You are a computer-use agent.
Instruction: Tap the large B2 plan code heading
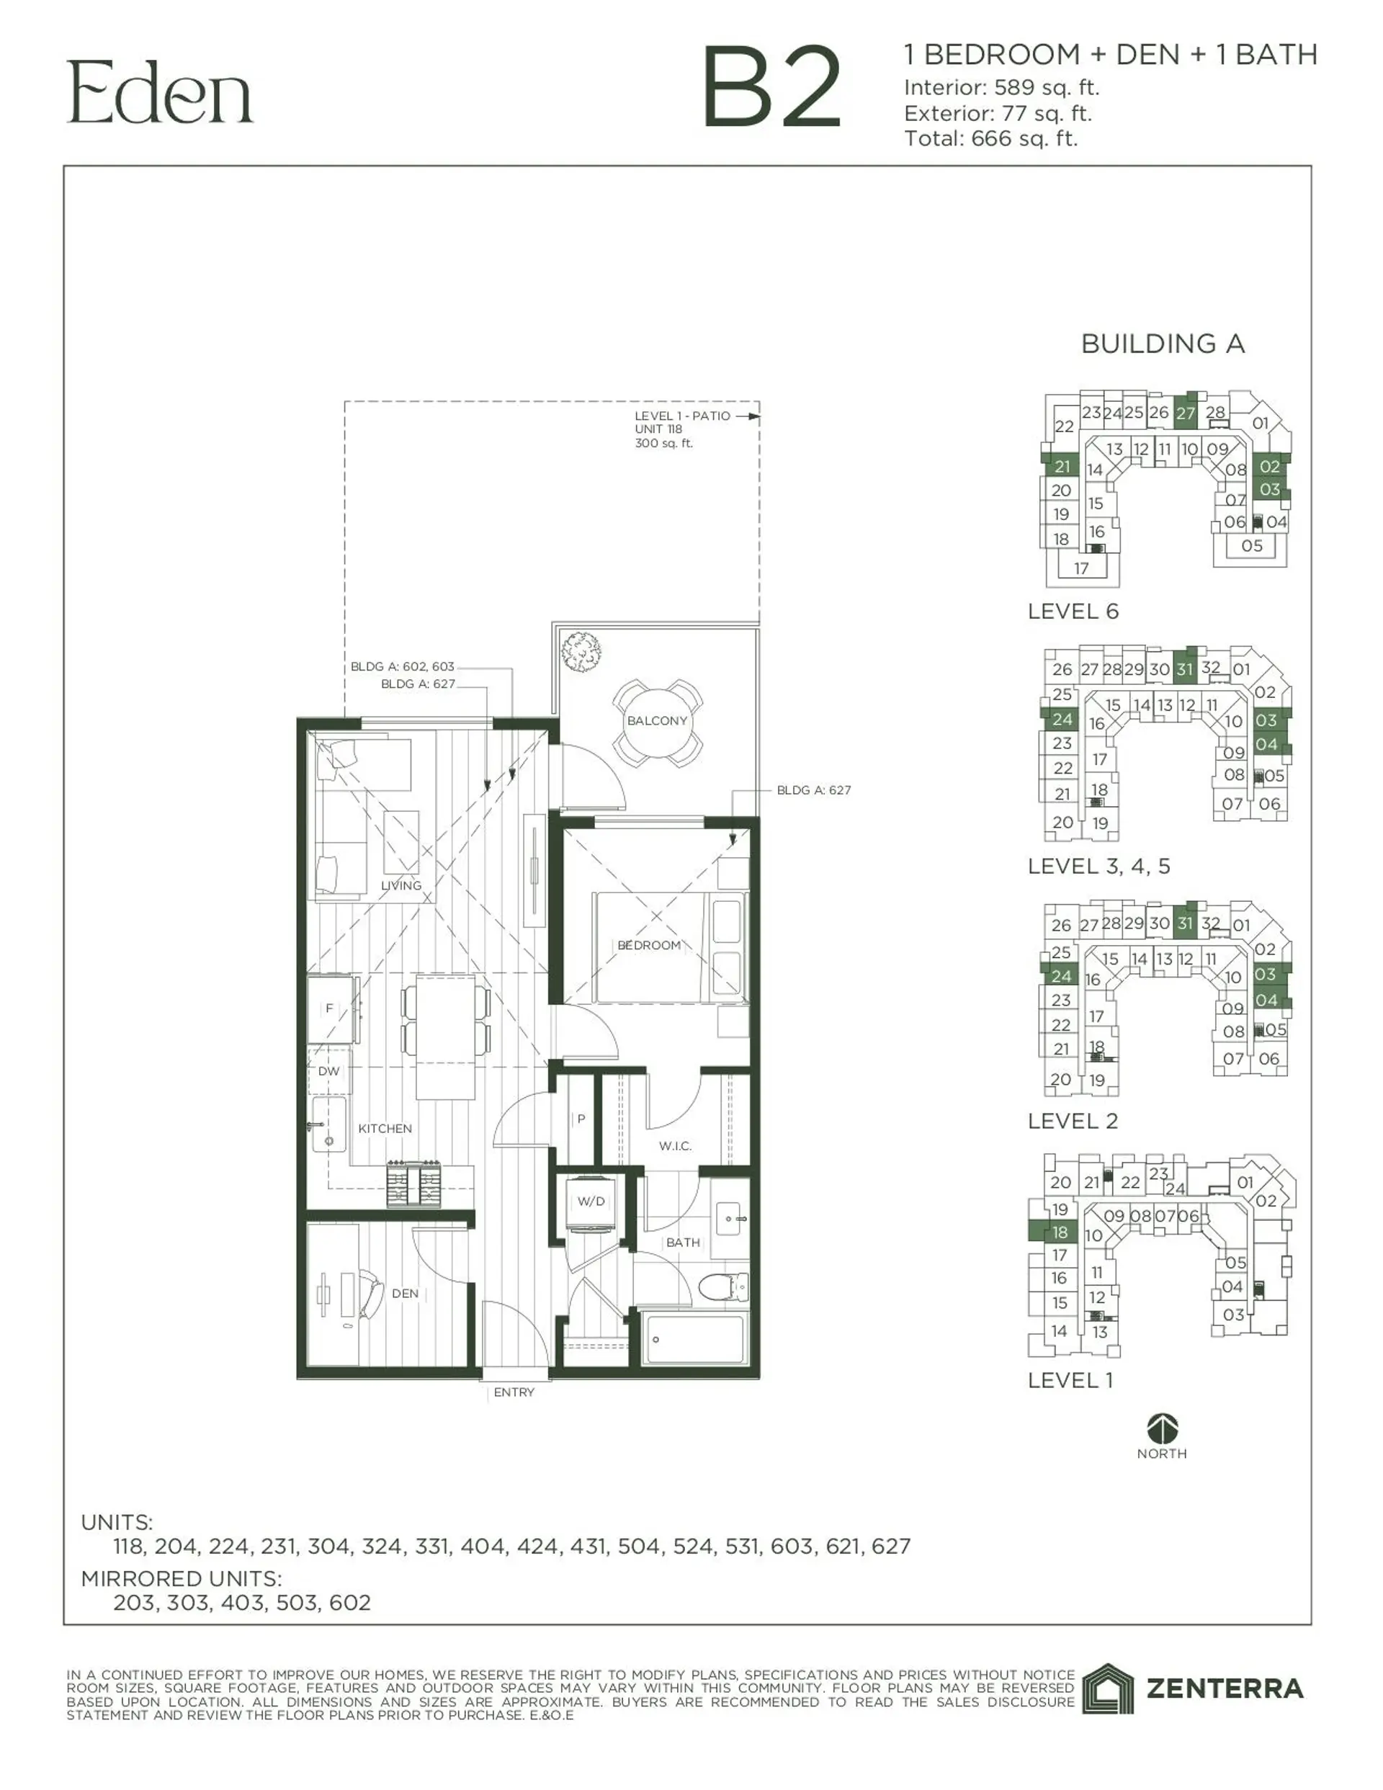click(771, 89)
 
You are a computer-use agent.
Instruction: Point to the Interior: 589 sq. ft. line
click(1001, 88)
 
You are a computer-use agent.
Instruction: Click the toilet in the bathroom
click(724, 1286)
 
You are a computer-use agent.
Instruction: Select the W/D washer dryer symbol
click(591, 1202)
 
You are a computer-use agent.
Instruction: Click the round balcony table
click(657, 721)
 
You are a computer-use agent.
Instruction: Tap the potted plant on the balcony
click(581, 653)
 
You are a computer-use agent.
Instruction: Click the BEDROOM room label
click(648, 945)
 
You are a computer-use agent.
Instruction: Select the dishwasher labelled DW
click(328, 1071)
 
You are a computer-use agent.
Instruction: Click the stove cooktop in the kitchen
click(414, 1183)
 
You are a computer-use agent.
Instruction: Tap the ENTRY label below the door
click(514, 1392)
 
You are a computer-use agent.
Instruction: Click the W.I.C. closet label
click(675, 1146)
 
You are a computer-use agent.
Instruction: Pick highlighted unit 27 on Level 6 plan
click(1186, 413)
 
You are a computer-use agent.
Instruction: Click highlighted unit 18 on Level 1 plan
click(1060, 1232)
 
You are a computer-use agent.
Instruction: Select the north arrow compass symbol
click(1163, 1428)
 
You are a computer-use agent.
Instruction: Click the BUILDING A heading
click(1163, 344)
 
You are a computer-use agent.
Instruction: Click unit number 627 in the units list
click(891, 1547)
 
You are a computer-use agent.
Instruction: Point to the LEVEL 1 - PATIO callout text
click(682, 416)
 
